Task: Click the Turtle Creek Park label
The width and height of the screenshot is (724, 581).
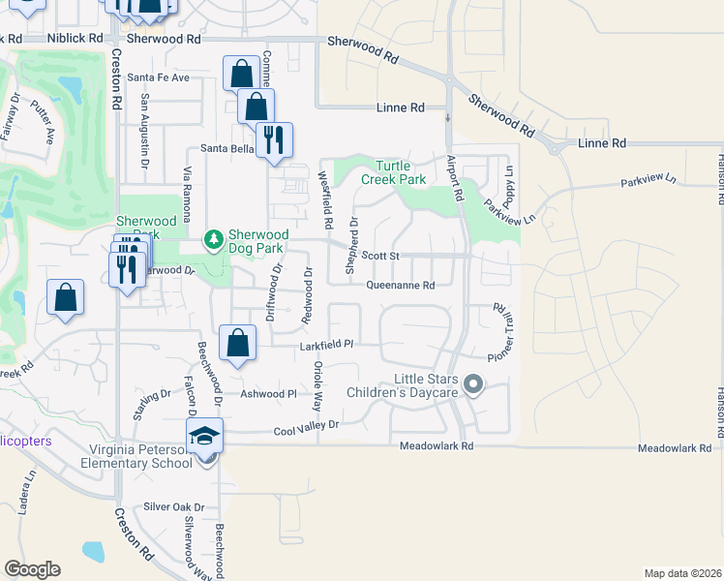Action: (x=394, y=172)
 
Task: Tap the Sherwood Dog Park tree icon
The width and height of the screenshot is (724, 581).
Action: (x=213, y=237)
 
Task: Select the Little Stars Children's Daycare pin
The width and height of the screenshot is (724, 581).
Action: (x=473, y=385)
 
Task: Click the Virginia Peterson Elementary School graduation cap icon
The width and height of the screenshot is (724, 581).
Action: (x=205, y=436)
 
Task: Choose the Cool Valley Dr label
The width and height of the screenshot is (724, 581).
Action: (x=307, y=427)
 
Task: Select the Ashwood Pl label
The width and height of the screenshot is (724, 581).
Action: (x=268, y=394)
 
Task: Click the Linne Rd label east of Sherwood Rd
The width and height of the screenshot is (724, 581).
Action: (x=602, y=143)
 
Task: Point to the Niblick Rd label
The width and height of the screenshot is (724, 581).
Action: (x=75, y=38)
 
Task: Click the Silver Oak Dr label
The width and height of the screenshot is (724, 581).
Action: (x=174, y=506)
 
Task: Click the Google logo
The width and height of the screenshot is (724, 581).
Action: (x=32, y=569)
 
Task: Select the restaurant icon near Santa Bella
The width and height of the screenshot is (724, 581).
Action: (x=274, y=139)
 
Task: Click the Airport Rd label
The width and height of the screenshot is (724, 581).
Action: (x=455, y=179)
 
